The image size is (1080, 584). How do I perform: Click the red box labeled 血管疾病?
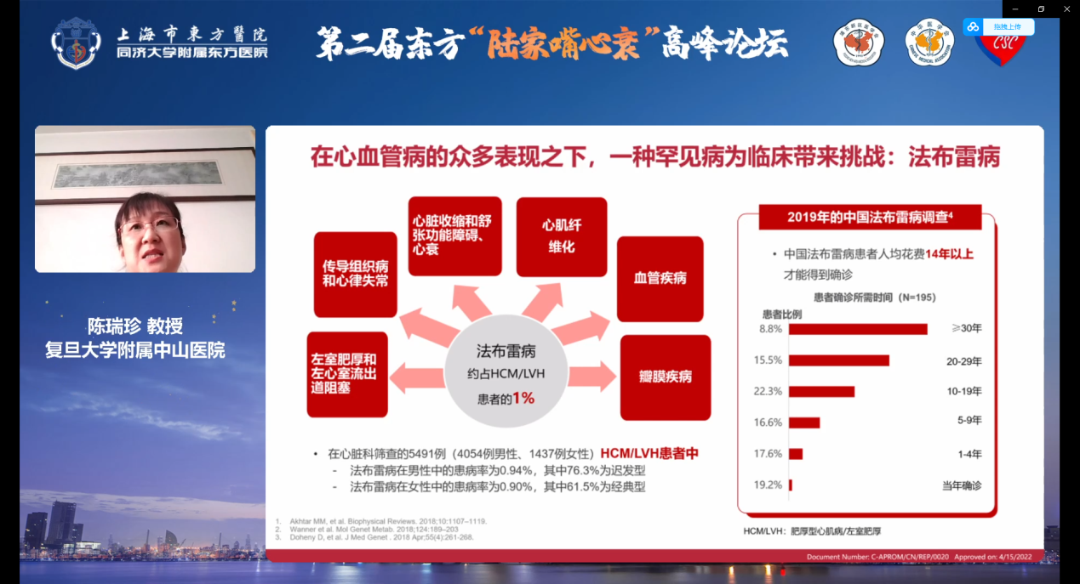pyautogui.click(x=660, y=279)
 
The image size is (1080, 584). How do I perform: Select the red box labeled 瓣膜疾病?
pyautogui.click(x=665, y=377)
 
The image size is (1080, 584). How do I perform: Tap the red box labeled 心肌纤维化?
pyautogui.click(x=561, y=236)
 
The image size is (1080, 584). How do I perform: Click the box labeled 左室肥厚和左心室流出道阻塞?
pyautogui.click(x=346, y=374)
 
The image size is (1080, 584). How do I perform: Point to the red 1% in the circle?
pyautogui.click(x=523, y=397)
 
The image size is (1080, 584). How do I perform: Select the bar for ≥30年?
pyautogui.click(x=858, y=329)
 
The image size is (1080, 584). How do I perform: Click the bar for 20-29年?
pyautogui.click(x=839, y=360)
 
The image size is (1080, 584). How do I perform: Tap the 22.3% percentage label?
pyautogui.click(x=767, y=391)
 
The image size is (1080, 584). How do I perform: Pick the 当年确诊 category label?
pyautogui.click(x=961, y=485)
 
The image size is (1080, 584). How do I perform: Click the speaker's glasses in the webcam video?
pyautogui.click(x=149, y=227)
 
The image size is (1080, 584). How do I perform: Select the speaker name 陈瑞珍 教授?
pyautogui.click(x=135, y=326)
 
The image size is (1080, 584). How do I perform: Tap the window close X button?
pyautogui.click(x=1066, y=9)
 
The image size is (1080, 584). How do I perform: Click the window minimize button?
pyautogui.click(x=1015, y=9)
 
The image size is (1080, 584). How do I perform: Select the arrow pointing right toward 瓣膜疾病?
pyautogui.click(x=591, y=375)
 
